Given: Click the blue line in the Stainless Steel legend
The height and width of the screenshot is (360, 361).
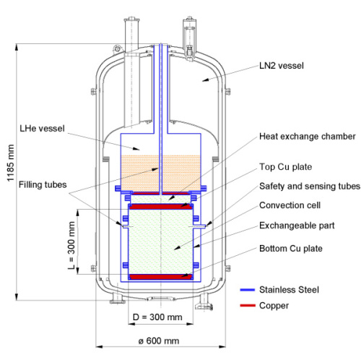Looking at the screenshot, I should pos(252,289).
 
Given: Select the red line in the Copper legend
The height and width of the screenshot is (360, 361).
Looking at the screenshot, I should pos(252,306).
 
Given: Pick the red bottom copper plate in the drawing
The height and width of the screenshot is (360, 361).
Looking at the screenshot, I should pos(160,275).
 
